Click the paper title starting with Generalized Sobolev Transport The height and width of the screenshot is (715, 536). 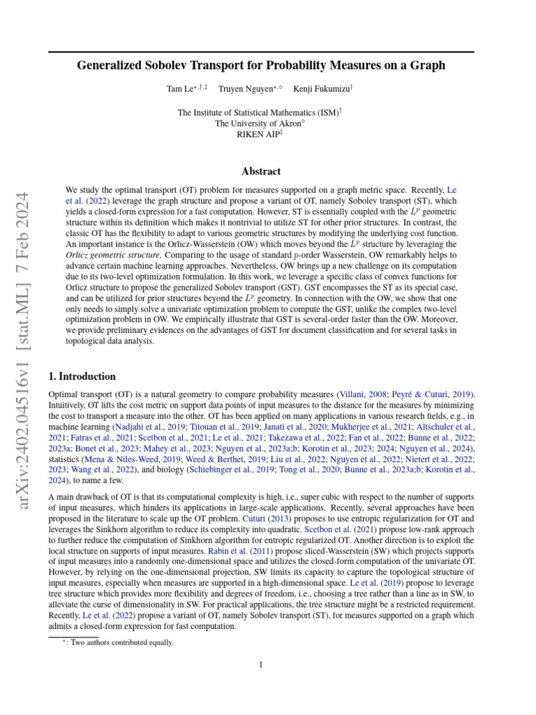[261, 66]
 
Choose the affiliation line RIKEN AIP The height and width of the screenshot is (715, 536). [260, 135]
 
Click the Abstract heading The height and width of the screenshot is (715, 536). [261, 171]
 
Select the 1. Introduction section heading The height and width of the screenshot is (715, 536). [82, 376]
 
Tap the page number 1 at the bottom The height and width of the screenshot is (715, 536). [261, 665]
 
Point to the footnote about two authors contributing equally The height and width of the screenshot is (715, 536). [117, 642]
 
